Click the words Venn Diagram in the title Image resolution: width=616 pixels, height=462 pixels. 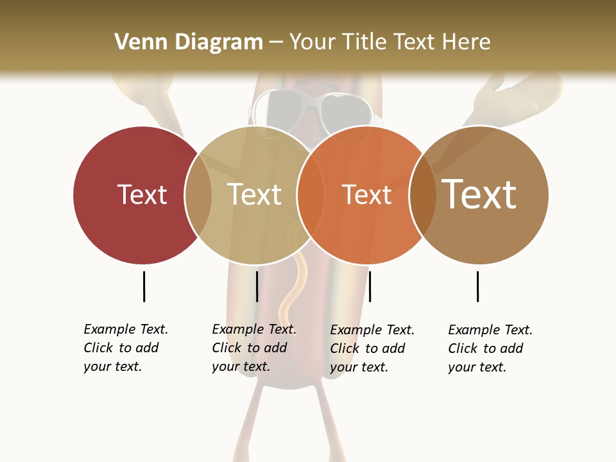point(189,42)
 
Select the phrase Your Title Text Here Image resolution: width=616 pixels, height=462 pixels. point(389,42)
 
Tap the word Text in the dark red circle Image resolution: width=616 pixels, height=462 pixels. point(142,194)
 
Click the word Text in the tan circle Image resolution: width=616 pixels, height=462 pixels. point(254,194)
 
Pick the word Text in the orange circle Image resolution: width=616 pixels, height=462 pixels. point(366,194)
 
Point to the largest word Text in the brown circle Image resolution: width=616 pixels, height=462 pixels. point(479,194)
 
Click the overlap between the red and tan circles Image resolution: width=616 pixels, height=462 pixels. point(198,195)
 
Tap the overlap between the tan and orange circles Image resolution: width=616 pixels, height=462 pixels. point(310,195)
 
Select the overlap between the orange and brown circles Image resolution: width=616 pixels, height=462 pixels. point(422,195)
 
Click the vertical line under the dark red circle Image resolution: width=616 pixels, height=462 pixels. point(144,286)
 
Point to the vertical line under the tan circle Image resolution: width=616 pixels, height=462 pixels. point(257,286)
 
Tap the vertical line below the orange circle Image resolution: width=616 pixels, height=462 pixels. point(370,286)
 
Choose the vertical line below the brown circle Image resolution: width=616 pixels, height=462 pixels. point(477,286)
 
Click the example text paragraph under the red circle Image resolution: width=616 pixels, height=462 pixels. point(125,348)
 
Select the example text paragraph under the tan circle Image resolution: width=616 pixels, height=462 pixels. point(253,348)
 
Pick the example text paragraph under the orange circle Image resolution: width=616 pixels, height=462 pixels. point(372,348)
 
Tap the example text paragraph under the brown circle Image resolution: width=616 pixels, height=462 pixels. point(490,348)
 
